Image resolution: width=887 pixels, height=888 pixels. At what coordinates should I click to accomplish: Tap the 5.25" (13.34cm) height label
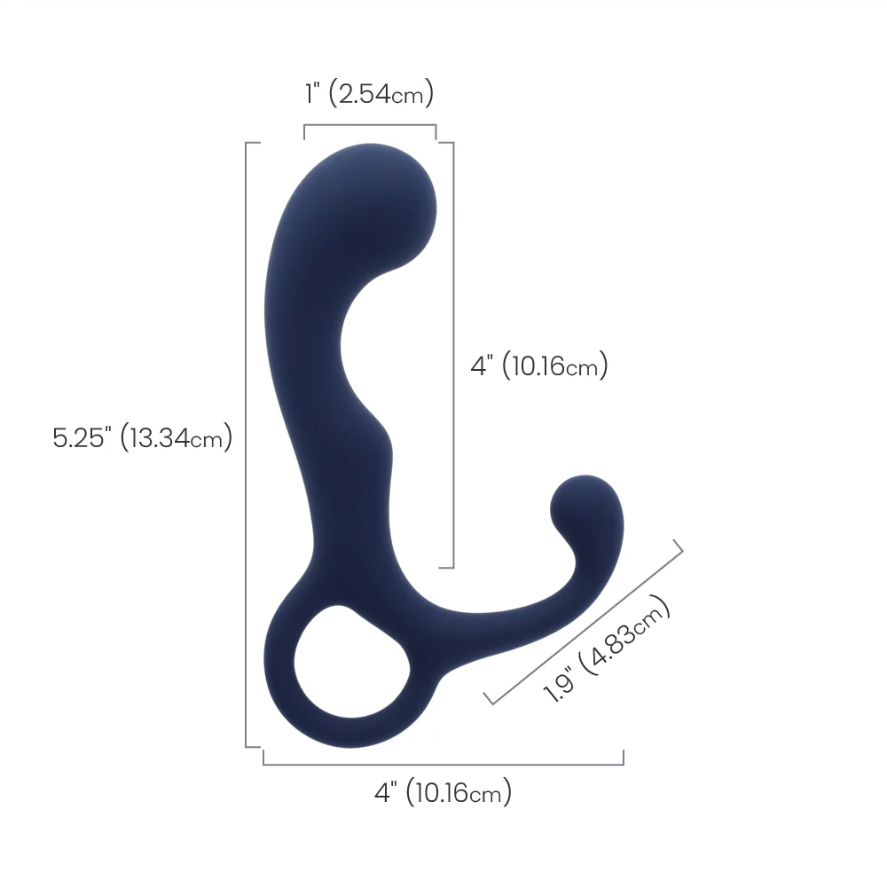click(x=142, y=437)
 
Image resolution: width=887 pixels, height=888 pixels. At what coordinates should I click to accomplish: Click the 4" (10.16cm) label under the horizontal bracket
click(x=443, y=792)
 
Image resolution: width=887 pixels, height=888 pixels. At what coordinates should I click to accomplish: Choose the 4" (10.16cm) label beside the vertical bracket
click(x=538, y=365)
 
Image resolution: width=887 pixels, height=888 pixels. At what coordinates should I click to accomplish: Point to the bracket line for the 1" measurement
click(x=370, y=125)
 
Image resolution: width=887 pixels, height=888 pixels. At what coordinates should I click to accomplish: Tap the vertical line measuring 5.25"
click(x=246, y=444)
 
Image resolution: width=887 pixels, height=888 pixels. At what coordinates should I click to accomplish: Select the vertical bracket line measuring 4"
click(x=453, y=355)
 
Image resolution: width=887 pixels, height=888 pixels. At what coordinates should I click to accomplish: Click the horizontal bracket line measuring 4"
click(x=443, y=764)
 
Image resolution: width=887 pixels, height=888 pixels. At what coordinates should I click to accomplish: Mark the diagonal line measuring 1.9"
click(x=586, y=622)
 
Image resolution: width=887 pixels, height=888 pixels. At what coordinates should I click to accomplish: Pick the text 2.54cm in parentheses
click(x=381, y=93)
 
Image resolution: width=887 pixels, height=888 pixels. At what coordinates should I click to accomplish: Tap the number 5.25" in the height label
click(x=82, y=437)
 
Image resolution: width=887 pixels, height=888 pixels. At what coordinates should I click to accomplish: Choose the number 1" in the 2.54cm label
click(x=311, y=93)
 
